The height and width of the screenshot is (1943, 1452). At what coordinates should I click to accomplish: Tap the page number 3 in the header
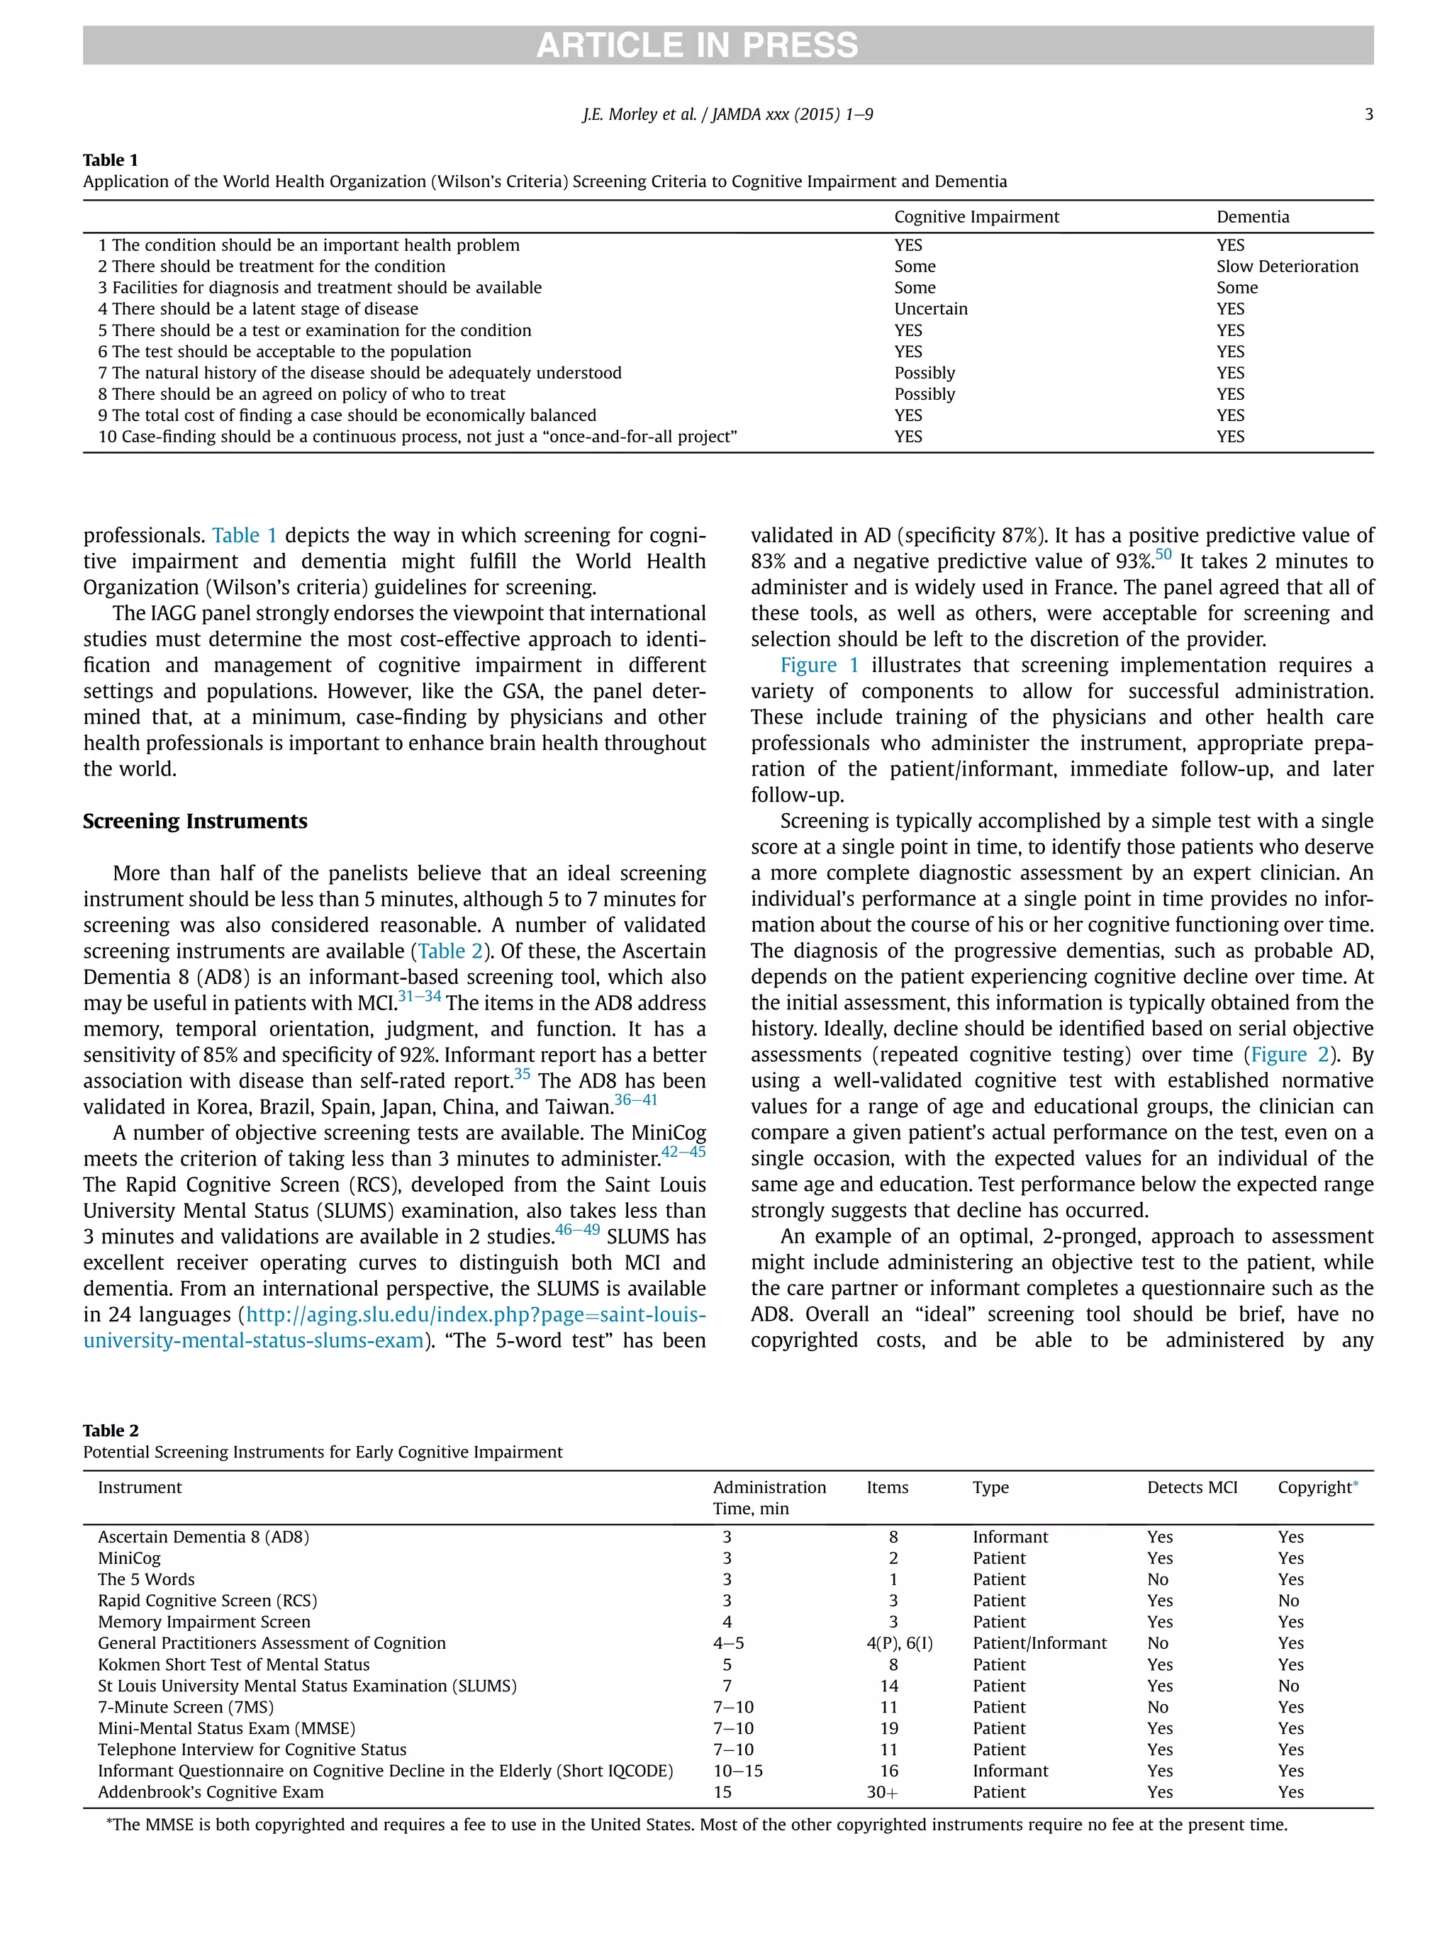tap(1368, 114)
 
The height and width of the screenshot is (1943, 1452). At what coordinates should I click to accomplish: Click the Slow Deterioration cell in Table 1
tap(1286, 266)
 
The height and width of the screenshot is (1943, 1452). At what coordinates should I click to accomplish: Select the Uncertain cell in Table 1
tap(930, 308)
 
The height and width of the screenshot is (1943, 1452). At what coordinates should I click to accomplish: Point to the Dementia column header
tap(1252, 217)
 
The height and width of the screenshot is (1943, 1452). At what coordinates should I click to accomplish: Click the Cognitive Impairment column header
tap(976, 217)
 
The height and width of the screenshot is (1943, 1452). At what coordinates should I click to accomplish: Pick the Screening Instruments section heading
tap(195, 822)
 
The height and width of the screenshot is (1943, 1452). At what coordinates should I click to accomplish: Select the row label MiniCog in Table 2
tap(129, 1557)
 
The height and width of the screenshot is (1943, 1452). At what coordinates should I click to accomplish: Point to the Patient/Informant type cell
tap(1039, 1642)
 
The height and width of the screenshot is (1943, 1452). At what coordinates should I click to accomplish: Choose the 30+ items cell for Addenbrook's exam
tap(882, 1792)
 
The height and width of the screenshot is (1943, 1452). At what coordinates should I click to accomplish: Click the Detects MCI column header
tap(1191, 1487)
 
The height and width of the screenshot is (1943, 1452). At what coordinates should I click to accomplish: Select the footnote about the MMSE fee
tap(696, 1825)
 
